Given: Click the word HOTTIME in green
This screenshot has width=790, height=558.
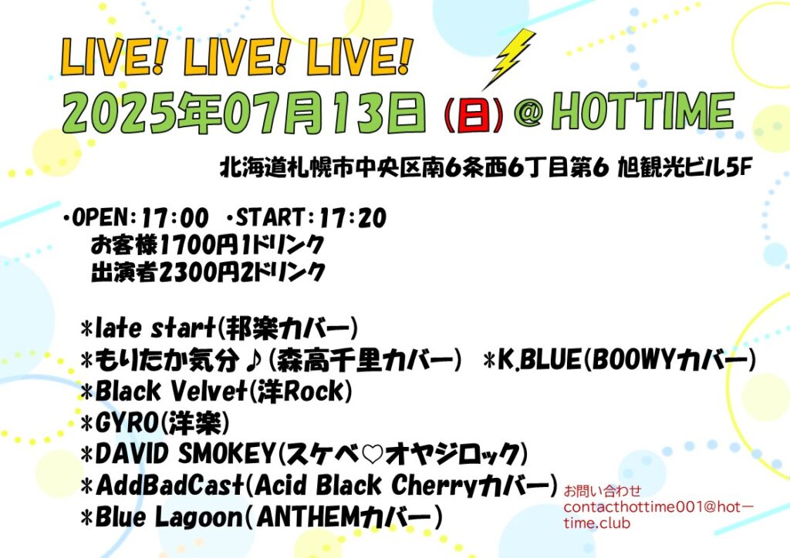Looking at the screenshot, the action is click(643, 112).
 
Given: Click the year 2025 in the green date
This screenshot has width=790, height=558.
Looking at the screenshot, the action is click(120, 113).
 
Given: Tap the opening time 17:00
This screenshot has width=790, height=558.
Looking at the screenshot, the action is click(175, 218).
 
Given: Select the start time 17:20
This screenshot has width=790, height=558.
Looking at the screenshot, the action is click(353, 218).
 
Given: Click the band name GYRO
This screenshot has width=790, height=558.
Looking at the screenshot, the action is click(127, 422).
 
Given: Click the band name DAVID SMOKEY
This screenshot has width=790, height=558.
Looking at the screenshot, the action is click(184, 454).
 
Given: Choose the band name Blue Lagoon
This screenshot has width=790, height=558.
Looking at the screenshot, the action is click(169, 517).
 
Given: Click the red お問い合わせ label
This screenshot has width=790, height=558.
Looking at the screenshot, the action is click(602, 490).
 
